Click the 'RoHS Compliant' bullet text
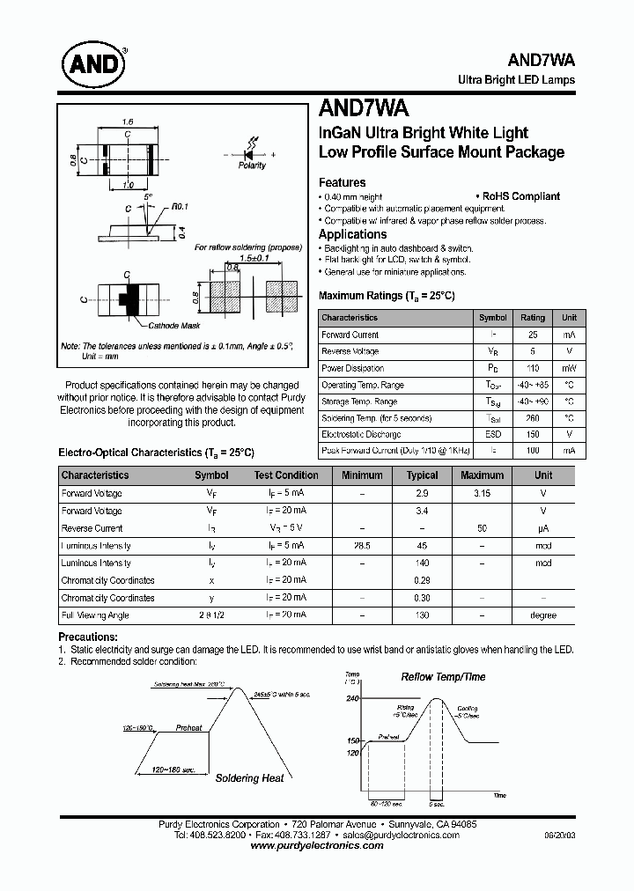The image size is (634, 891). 520,196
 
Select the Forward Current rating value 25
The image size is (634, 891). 533,335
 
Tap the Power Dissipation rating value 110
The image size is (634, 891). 533,368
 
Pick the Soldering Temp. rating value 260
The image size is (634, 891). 533,418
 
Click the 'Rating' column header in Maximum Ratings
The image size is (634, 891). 533,318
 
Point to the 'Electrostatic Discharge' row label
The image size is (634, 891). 361,435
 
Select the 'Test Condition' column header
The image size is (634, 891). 286,475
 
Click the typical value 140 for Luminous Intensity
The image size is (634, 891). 423,563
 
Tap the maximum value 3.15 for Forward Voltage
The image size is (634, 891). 483,493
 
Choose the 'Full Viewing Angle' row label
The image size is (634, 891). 95,615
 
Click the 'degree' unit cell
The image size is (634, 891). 543,615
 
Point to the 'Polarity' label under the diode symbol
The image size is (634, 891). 252,166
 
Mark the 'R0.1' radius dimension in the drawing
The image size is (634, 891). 181,206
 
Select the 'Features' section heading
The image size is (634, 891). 342,182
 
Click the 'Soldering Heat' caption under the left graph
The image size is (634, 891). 250,778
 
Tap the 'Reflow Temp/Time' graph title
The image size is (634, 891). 443,677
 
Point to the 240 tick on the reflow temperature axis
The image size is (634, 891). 352,698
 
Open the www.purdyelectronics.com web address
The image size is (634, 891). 317,845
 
